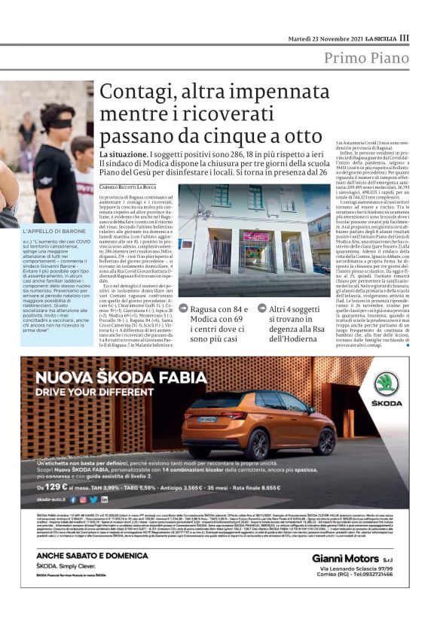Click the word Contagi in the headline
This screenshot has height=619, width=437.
coord(134,93)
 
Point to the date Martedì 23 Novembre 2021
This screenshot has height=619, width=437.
coord(323,38)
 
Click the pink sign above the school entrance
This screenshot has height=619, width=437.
coord(256,236)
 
